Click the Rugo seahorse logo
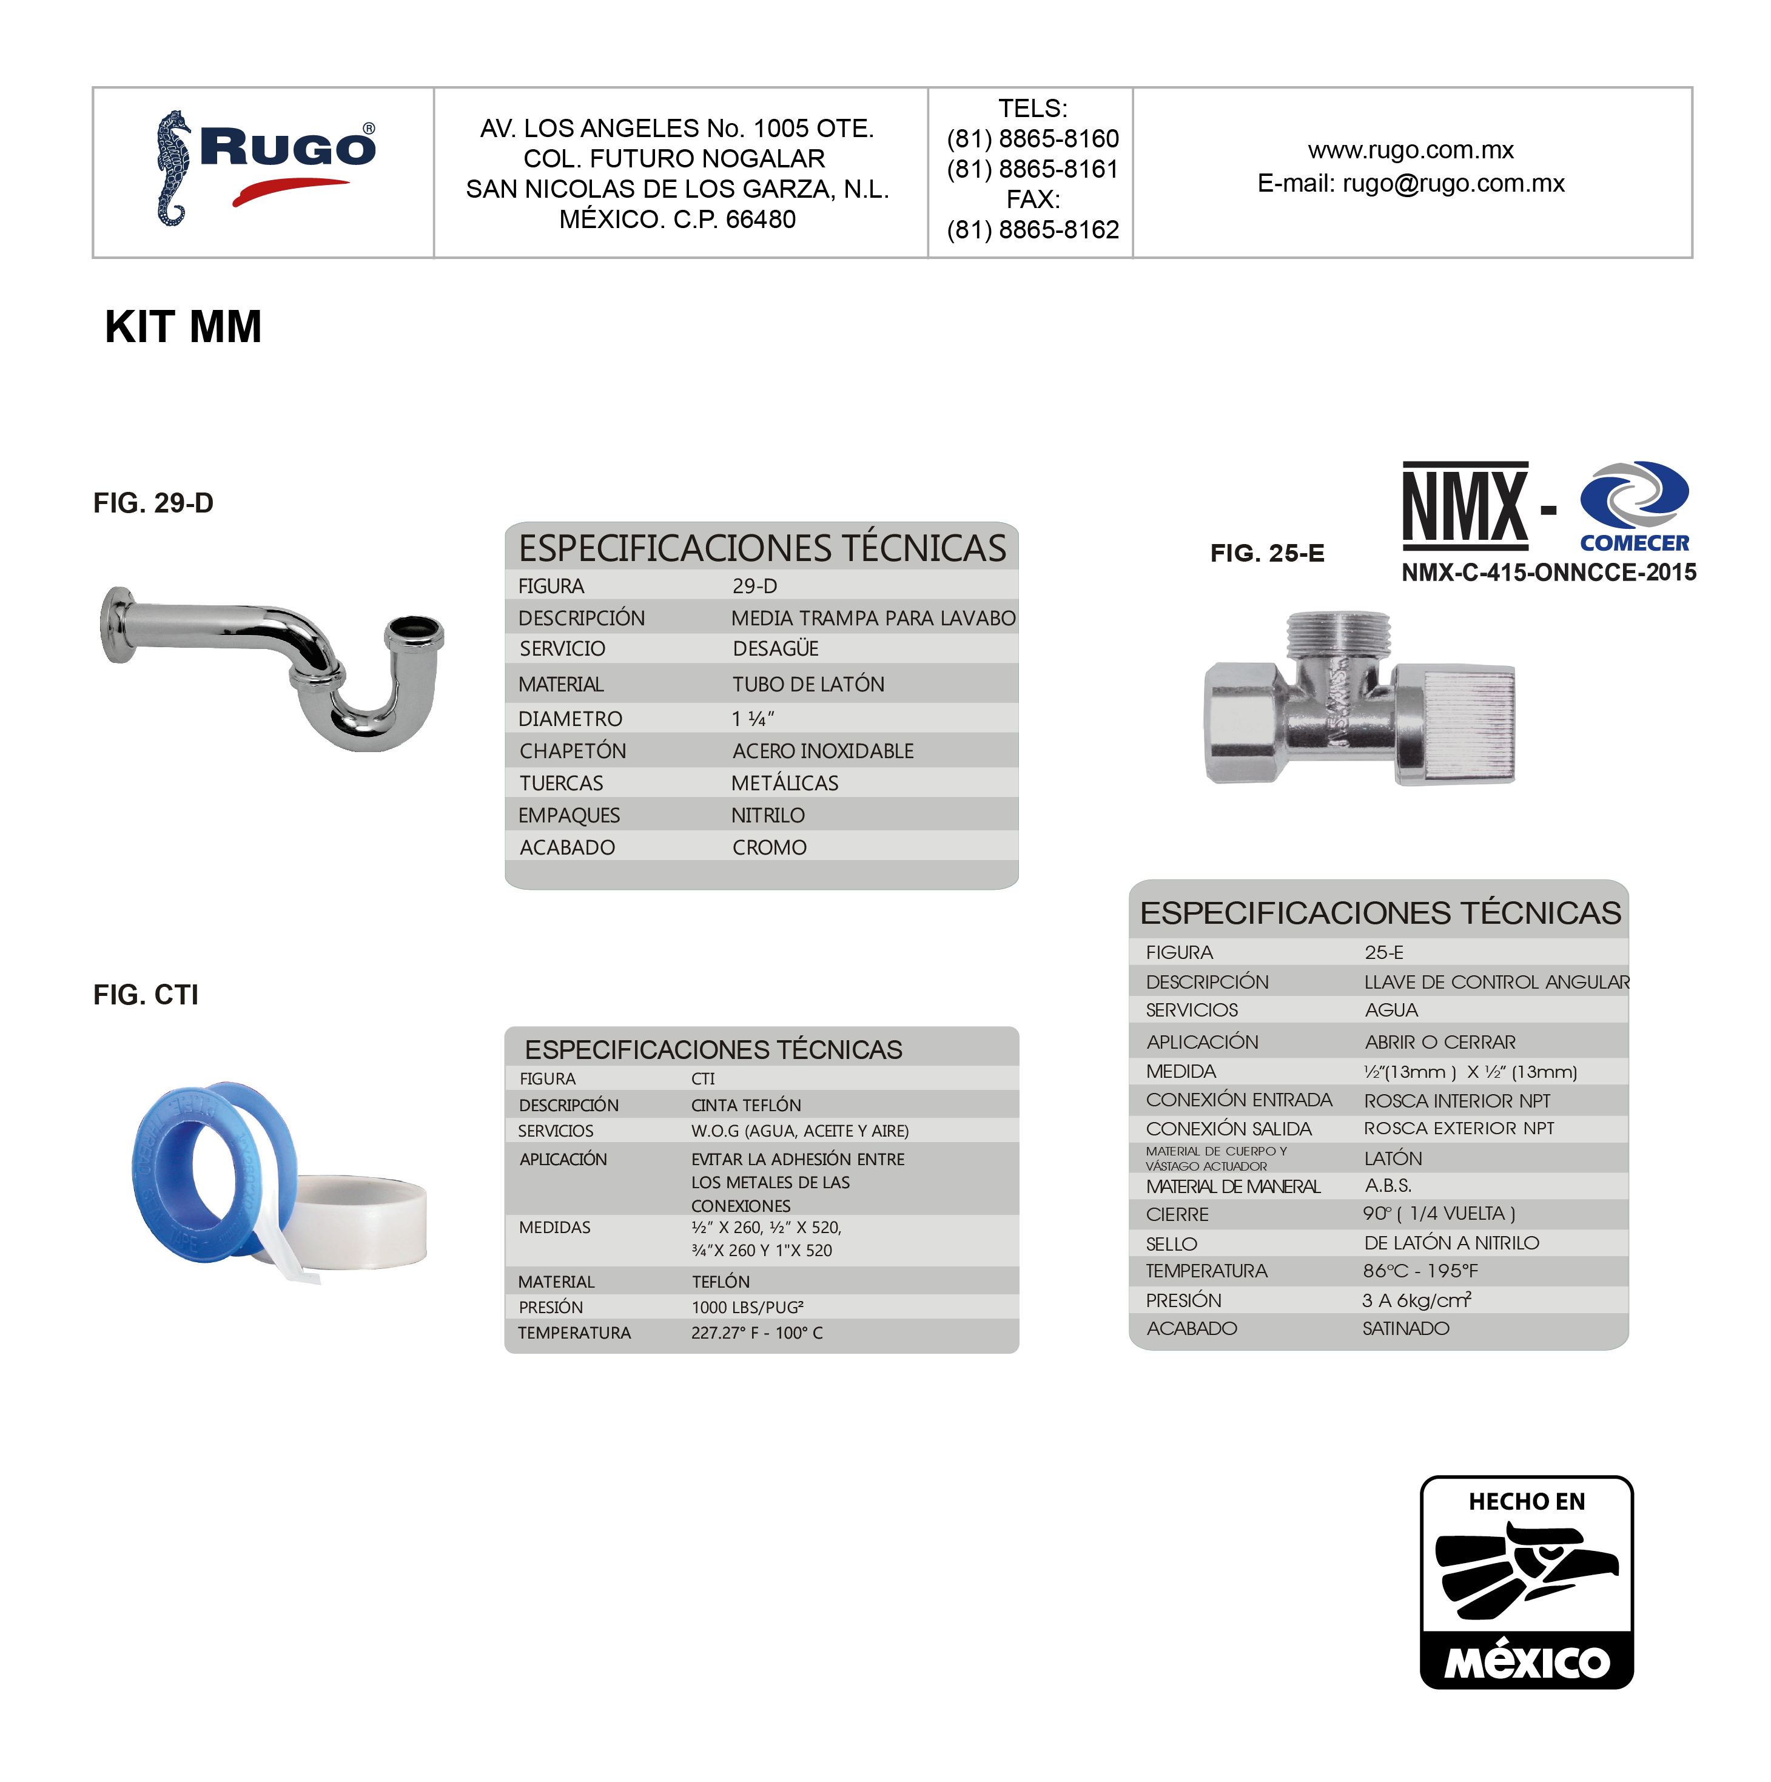pyautogui.click(x=172, y=168)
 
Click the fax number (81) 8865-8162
pyautogui.click(x=1032, y=230)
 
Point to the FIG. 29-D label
pyautogui.click(x=153, y=503)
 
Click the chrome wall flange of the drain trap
pyautogui.click(x=117, y=625)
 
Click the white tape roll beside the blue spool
pyautogui.click(x=365, y=1219)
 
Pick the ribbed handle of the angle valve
pyautogui.click(x=1467, y=724)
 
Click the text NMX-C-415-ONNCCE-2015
pyautogui.click(x=1548, y=573)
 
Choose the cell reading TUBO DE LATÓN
pyautogui.click(x=808, y=684)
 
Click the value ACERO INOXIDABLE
pyautogui.click(x=823, y=751)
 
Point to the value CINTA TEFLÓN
pyautogui.click(x=746, y=1105)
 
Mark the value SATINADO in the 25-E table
pyautogui.click(x=1406, y=1328)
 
